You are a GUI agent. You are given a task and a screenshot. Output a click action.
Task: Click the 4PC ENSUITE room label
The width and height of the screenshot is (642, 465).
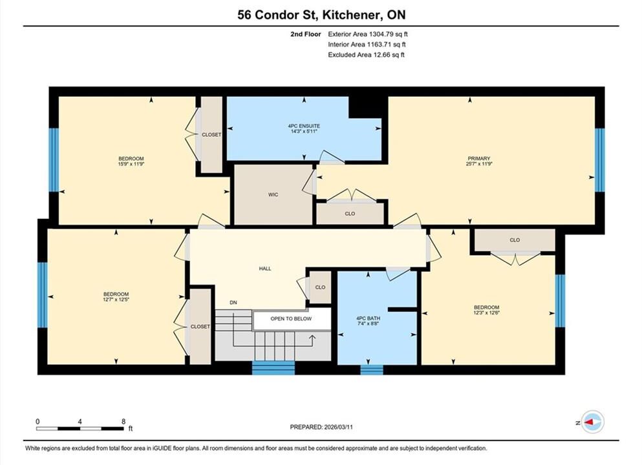click(x=304, y=126)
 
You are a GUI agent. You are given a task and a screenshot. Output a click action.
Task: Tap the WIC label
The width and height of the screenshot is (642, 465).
click(x=273, y=194)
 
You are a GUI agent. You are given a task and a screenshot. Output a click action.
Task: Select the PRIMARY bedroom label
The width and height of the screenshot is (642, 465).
click(x=479, y=159)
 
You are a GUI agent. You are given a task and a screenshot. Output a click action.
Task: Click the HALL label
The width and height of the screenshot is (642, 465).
click(x=265, y=269)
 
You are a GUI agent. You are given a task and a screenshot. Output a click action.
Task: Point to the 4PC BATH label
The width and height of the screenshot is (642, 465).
click(x=368, y=318)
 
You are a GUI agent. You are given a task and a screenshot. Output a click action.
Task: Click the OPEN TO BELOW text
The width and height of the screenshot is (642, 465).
click(x=291, y=318)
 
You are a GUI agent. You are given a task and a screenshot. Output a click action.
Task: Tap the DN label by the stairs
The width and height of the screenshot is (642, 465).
click(x=233, y=303)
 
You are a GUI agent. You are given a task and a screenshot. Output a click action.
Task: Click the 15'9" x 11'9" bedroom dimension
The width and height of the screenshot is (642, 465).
click(x=131, y=164)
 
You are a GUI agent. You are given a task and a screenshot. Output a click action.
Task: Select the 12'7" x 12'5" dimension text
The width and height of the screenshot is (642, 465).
click(x=116, y=300)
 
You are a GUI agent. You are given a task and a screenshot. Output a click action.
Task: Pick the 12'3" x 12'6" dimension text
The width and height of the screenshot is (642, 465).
click(x=486, y=313)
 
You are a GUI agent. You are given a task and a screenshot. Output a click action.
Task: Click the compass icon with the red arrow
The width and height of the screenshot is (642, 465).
click(x=592, y=422)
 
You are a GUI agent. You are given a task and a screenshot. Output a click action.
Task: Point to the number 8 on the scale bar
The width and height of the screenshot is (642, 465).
click(x=123, y=421)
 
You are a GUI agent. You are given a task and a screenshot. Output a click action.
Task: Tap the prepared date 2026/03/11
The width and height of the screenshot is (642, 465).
click(x=338, y=427)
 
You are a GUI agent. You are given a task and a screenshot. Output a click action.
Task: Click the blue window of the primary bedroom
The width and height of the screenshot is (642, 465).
click(x=599, y=160)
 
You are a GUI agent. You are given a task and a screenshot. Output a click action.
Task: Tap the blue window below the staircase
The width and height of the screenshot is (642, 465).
click(x=273, y=367)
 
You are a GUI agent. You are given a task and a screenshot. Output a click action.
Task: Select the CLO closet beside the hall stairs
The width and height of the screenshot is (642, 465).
click(x=320, y=287)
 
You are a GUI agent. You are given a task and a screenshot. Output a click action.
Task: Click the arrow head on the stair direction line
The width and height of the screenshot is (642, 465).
click(x=312, y=338)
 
